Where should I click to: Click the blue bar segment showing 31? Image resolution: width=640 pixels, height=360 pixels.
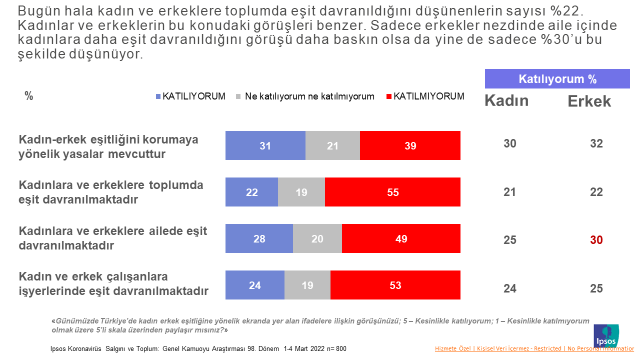click(265, 146)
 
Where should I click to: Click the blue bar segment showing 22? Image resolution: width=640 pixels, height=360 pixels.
click(251, 192)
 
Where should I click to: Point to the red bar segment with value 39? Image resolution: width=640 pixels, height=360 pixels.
click(411, 146)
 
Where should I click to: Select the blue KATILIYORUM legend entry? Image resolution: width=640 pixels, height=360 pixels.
click(190, 96)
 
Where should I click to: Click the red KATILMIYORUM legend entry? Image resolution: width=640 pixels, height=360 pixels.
click(424, 96)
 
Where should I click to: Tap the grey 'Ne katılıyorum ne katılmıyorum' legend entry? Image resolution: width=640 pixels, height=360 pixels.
click(306, 96)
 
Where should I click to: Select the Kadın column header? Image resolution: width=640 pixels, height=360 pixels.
click(508, 101)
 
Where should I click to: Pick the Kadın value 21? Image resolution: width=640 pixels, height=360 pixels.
click(510, 192)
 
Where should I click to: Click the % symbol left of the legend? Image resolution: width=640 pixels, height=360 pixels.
click(29, 96)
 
